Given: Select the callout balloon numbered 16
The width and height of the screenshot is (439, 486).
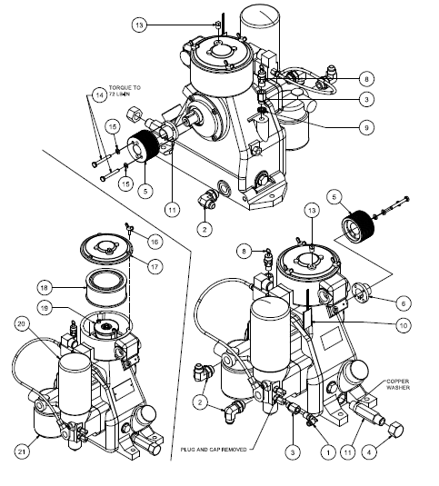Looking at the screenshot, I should point(155,241).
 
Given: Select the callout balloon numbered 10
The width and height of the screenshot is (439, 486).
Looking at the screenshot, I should point(403,324).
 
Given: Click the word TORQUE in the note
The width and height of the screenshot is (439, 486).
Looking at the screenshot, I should point(122,89).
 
